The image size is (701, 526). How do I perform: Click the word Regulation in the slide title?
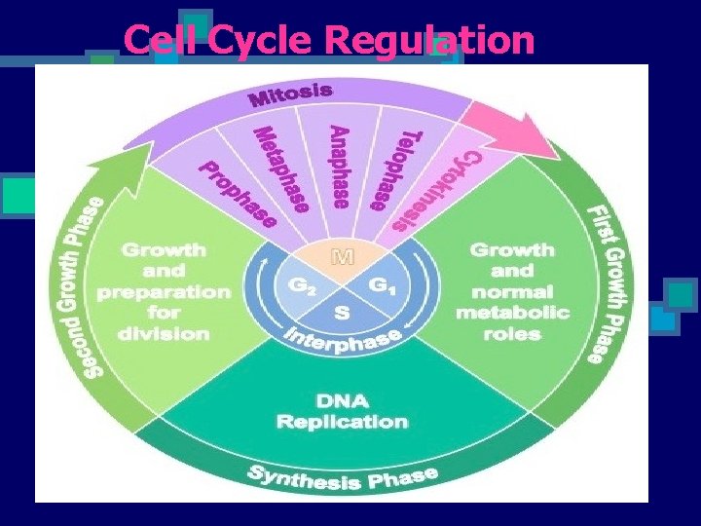tap(429, 40)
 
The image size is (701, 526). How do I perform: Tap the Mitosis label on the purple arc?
tap(291, 94)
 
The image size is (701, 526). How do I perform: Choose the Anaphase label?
tap(339, 168)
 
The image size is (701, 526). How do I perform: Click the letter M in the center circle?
tap(343, 257)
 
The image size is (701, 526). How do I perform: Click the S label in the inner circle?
tap(342, 314)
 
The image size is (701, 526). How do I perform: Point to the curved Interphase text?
tap(344, 342)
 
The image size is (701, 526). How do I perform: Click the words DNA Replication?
tap(342, 412)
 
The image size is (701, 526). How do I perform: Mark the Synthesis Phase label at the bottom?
tap(342, 477)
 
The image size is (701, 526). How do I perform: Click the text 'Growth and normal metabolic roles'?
tap(512, 291)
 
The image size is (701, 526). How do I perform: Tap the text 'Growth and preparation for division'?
tap(165, 291)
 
